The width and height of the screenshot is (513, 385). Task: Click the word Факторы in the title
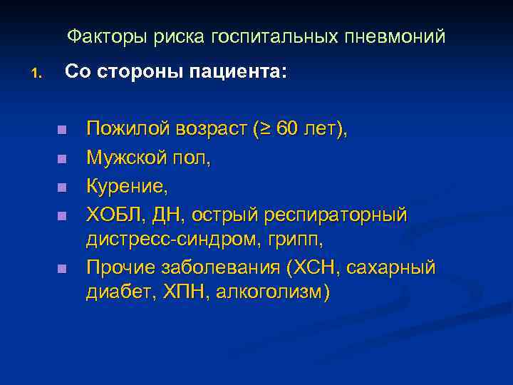pos(98,36)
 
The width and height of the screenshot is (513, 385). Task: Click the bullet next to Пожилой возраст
pos(62,130)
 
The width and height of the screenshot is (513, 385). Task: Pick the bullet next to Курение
pos(62,187)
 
